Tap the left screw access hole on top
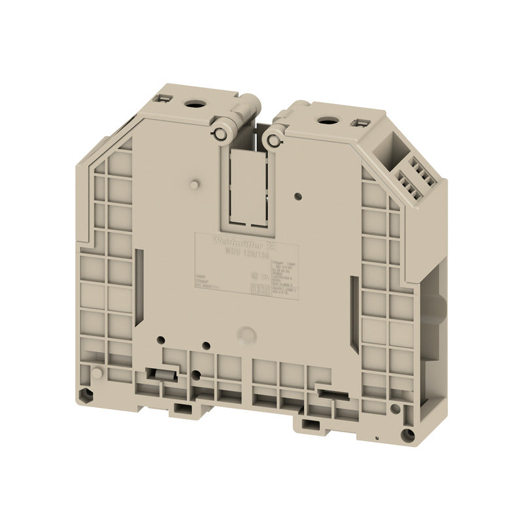coord(194,103)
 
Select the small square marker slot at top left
coord(163,99)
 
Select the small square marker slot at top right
coord(359,123)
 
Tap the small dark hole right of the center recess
coord(298,195)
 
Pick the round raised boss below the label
coord(246,334)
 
